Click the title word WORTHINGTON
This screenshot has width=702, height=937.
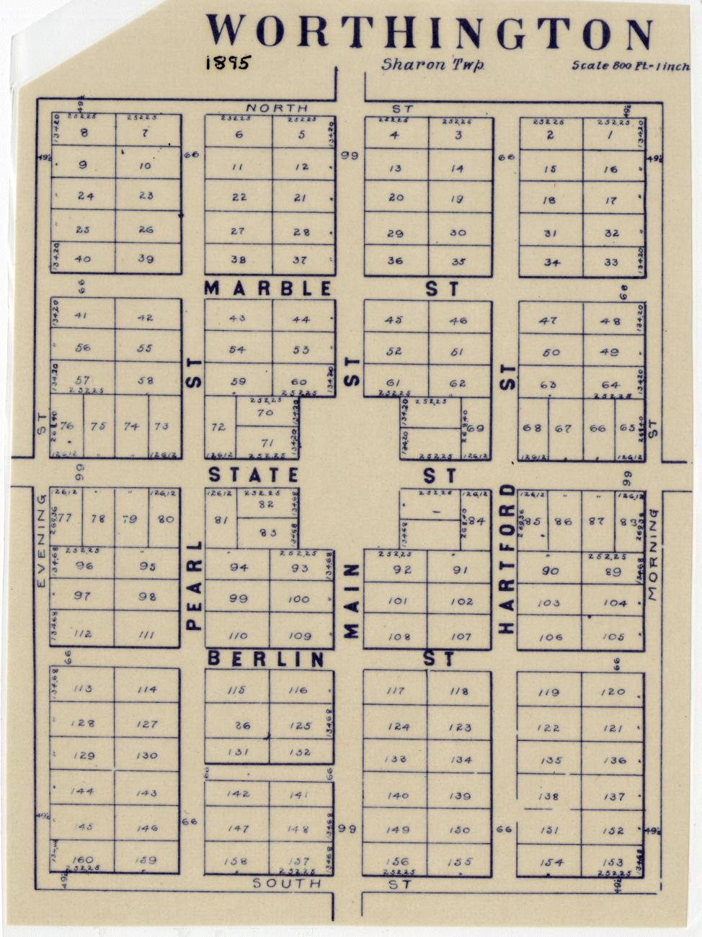pos(430,33)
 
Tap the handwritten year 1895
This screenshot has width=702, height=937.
pos(227,63)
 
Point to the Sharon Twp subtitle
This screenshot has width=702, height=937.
pos(432,65)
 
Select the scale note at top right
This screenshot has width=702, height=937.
pos(630,66)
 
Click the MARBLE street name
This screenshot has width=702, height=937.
pos(269,289)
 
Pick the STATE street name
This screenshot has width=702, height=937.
pos(254,475)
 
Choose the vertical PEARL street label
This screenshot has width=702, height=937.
pos(193,585)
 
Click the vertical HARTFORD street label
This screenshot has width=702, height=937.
pos(507,559)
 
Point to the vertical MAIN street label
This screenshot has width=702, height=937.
pos(351,601)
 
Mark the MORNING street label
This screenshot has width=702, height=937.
pos(653,554)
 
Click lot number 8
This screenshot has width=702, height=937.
pos(84,133)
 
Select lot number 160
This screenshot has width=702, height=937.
pos(84,859)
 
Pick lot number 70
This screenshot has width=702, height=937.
pos(265,413)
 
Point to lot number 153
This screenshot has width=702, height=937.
pos(612,862)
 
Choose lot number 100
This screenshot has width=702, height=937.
pos(298,599)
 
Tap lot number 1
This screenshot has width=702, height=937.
pos(610,134)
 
